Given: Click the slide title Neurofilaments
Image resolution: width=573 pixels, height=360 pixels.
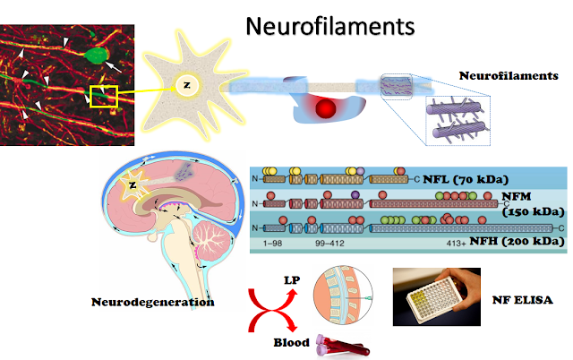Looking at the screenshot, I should tap(331, 25).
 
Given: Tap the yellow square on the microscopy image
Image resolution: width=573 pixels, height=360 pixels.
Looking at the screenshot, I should tap(104, 95).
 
